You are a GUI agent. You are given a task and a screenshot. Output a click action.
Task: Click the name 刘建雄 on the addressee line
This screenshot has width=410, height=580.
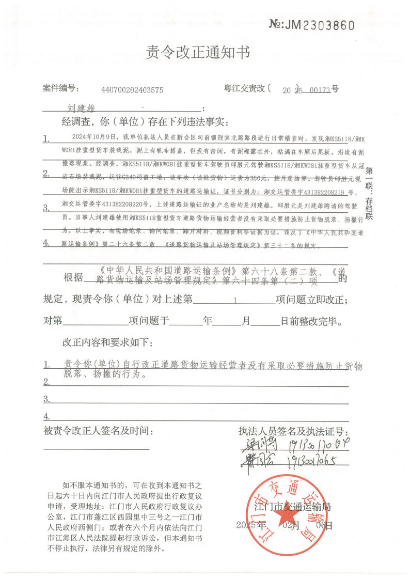83,109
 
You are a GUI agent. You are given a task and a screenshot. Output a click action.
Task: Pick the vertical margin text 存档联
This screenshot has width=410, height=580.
369,208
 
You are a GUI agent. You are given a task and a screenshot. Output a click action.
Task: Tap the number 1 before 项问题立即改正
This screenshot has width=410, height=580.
235,300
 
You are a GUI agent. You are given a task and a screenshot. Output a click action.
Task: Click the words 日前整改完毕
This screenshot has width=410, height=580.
310,321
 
